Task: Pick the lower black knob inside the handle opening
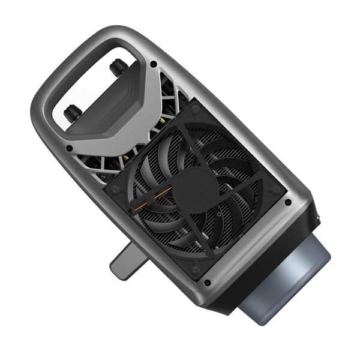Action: point(73,112)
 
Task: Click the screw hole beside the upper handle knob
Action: point(154,64)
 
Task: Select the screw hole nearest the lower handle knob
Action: point(70,148)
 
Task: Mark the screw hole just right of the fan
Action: point(288,202)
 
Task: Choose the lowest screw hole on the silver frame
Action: point(207,282)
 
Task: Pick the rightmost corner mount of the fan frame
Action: point(275,189)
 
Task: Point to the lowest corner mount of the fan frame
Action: point(195,270)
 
